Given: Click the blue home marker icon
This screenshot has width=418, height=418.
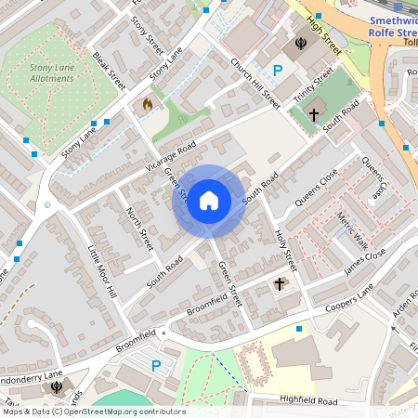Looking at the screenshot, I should click(209, 201).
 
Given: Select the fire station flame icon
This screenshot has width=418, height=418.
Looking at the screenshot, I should click(146, 105).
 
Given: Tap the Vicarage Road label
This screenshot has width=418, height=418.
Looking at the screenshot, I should click(173, 150).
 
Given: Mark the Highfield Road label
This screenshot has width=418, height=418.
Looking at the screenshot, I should click(307, 400).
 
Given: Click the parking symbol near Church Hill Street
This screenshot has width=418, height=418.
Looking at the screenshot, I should click(277, 70).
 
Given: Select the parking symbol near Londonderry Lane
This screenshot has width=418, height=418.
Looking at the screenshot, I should click(156, 366).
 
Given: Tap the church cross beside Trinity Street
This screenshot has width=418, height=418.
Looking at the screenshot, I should click(314, 115).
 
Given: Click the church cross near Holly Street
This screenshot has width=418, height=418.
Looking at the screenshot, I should click(280, 282).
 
